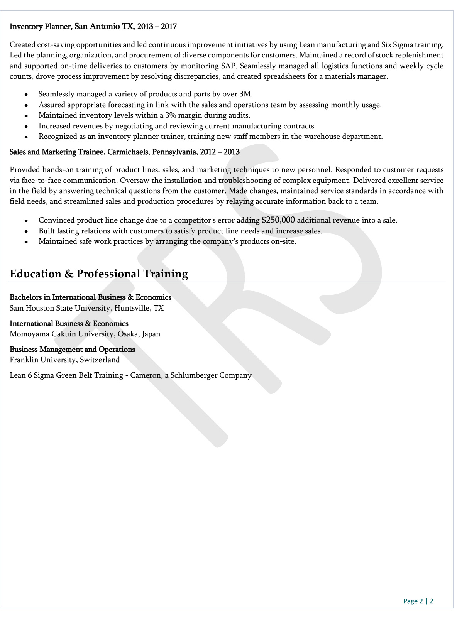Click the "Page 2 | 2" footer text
418,601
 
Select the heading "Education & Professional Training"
99,274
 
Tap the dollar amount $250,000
278,220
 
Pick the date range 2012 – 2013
220,152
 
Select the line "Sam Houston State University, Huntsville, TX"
86,308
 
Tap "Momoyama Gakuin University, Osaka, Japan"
85,334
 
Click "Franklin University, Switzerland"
65,360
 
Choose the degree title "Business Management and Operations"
72,349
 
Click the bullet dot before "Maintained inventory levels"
26,115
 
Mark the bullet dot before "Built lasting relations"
26,231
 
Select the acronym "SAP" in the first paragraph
228,66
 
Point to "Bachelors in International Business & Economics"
90,297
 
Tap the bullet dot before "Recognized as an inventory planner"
26,137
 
